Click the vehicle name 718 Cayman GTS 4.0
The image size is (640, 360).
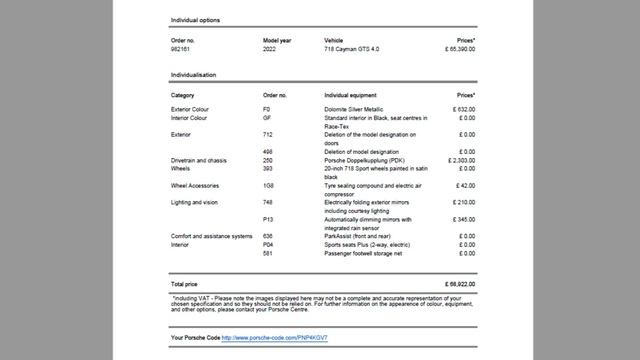[353, 49]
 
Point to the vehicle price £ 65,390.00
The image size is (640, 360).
[454, 49]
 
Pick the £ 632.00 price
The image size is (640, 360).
[461, 108]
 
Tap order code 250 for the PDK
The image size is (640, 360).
[268, 160]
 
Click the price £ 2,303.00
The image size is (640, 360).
[458, 160]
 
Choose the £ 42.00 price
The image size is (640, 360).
[463, 185]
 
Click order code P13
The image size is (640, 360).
[268, 218]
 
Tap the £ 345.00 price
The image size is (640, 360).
[461, 218]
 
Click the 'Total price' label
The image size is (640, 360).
[186, 284]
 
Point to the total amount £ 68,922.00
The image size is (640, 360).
[456, 284]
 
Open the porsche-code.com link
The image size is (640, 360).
[274, 338]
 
